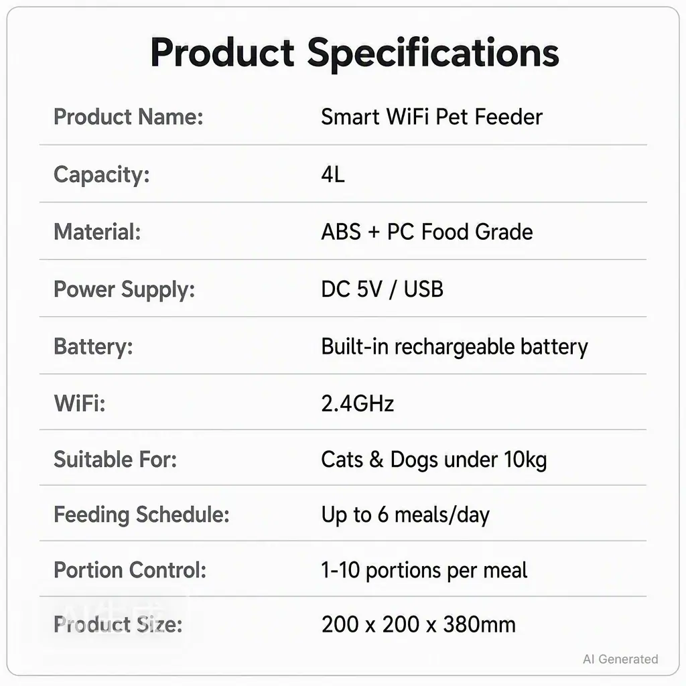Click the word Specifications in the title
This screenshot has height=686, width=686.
(x=433, y=54)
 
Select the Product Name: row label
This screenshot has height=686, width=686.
(x=128, y=117)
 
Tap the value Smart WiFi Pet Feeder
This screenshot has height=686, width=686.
(x=431, y=117)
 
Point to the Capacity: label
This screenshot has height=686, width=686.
(x=102, y=175)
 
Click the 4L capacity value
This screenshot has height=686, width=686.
(x=332, y=175)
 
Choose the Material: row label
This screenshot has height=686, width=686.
(x=97, y=232)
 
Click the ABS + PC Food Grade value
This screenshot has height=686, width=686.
(x=427, y=232)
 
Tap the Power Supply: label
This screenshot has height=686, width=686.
(x=124, y=289)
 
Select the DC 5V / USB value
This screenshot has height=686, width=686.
(x=382, y=289)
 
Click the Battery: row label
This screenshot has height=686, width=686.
(x=93, y=346)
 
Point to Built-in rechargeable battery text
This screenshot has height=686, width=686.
(x=454, y=347)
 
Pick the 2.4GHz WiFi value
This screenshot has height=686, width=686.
(x=358, y=403)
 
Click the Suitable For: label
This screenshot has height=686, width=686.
(x=115, y=460)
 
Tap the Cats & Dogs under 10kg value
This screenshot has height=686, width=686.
(x=433, y=460)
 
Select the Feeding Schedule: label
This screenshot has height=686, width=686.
(x=141, y=515)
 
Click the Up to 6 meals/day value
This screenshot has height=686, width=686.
(x=405, y=515)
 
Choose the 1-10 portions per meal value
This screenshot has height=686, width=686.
(x=424, y=571)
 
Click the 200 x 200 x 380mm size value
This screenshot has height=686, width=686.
(x=418, y=624)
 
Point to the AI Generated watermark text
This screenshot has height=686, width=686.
(x=620, y=659)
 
